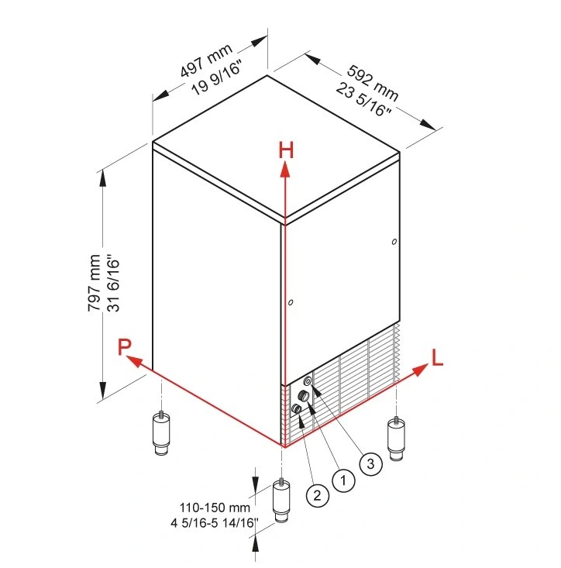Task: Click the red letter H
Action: [x=286, y=150]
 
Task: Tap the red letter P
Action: [x=125, y=346]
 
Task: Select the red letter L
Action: [x=437, y=357]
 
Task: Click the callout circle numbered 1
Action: [x=343, y=480]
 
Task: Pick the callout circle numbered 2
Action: [x=317, y=495]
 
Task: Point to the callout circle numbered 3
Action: [x=370, y=463]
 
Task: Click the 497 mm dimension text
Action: [x=206, y=60]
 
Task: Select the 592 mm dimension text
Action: [x=373, y=83]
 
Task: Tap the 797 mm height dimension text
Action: [x=95, y=283]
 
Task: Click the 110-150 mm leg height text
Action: [x=215, y=508]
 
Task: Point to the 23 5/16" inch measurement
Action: [x=363, y=99]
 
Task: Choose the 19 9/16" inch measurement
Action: [x=217, y=78]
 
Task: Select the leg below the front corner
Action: [x=281, y=501]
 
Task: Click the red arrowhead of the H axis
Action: [x=286, y=169]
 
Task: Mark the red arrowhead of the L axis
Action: [x=421, y=370]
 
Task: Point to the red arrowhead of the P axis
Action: [x=133, y=361]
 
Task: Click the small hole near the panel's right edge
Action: [x=394, y=242]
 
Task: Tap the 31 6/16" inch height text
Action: [x=113, y=284]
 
